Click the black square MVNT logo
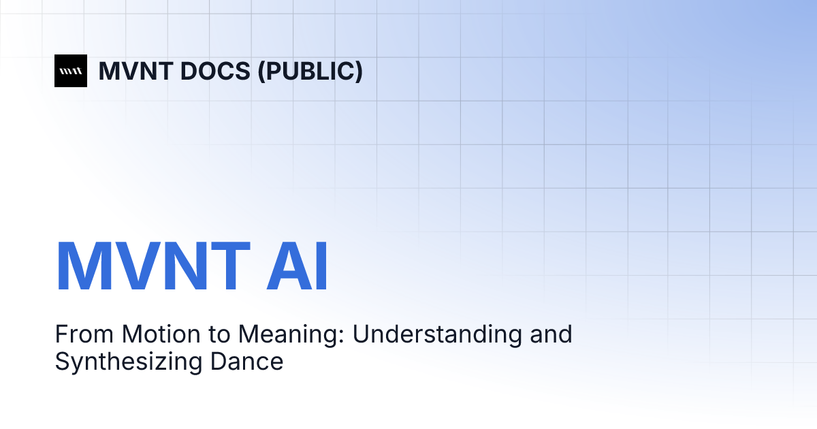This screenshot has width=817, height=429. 71,71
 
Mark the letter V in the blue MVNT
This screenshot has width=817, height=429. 140,267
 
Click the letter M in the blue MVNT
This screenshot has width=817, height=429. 86,267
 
